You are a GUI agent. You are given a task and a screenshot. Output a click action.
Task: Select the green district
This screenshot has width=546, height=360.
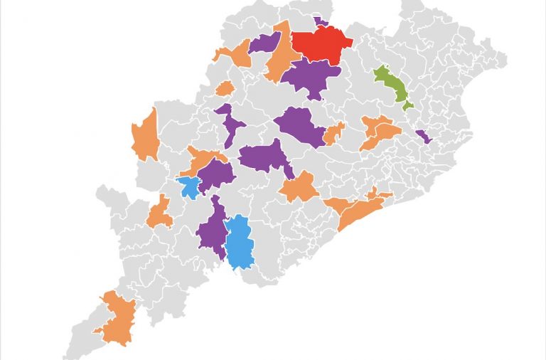(x=391, y=85)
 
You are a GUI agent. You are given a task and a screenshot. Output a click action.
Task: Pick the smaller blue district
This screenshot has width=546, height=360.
(x=190, y=187)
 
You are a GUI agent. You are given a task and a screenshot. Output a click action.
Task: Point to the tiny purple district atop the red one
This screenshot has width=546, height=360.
(x=321, y=22)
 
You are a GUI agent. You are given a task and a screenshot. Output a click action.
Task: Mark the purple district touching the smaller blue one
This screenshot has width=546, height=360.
(x=216, y=174)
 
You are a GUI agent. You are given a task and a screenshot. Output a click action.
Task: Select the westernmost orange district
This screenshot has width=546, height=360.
(x=146, y=135)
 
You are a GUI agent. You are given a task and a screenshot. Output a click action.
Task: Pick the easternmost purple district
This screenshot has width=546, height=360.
(x=423, y=136)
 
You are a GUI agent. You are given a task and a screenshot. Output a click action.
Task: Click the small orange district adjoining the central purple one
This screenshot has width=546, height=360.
(x=333, y=133)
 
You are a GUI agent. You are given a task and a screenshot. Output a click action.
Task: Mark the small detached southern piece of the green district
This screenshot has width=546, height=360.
(x=407, y=105)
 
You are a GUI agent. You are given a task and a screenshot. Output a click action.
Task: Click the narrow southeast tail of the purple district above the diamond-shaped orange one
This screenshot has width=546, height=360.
(x=289, y=171)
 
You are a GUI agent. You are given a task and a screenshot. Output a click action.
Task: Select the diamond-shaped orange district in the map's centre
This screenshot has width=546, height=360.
(x=299, y=188)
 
